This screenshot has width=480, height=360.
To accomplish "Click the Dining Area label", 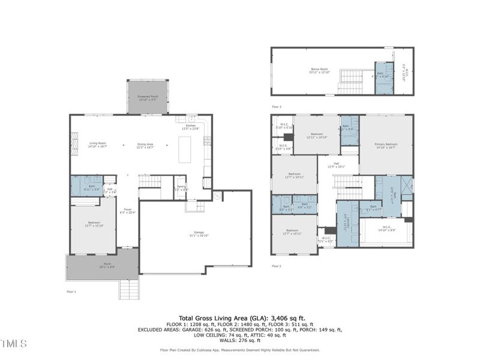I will point(146,145).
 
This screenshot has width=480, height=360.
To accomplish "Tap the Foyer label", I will point(128,211).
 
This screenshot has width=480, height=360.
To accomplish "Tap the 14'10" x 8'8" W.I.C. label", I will point(387,229).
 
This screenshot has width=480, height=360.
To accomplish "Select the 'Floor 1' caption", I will point(71,292).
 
